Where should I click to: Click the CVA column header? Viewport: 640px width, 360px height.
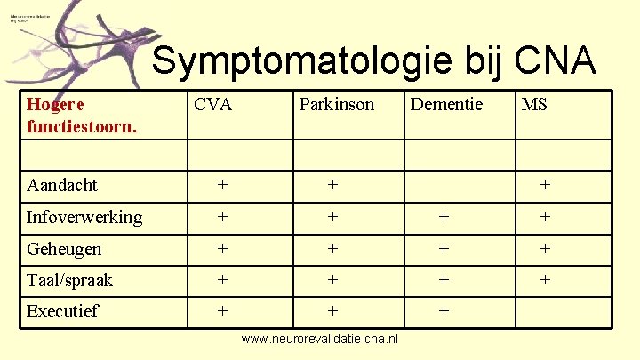pos(212,105)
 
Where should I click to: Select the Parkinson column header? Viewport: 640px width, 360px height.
pos(337,105)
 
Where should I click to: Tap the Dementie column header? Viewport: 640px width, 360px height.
pos(446,105)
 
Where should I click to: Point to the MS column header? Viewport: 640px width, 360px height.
pos(534,105)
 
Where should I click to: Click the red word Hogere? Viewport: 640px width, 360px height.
pos(56,105)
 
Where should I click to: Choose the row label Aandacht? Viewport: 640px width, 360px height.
pos(62,185)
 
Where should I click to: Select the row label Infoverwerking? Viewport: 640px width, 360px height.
pos(84,217)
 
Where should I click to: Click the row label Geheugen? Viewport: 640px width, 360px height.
pos(64,249)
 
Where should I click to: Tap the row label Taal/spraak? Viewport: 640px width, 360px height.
pos(70,280)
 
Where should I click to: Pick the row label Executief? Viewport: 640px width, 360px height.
pos(62,311)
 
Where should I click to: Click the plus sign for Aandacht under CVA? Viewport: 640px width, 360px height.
pos(222,185)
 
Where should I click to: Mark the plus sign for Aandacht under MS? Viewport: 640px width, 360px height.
pos(545,185)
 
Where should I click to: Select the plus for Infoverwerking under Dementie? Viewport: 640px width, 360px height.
pos(444,217)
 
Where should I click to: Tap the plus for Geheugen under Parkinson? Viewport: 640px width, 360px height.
pos(332,249)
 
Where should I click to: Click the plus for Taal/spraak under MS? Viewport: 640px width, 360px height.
pos(545,280)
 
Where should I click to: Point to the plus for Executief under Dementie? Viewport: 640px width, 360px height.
pos(444,311)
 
